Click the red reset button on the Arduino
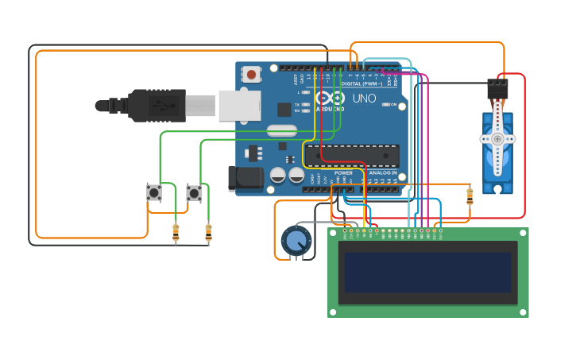click(252, 75)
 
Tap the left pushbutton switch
click(154, 192)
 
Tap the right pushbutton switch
click(194, 192)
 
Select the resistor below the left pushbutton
click(176, 232)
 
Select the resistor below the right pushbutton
click(208, 232)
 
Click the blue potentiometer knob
click(296, 240)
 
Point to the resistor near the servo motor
click(470, 195)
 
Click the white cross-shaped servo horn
click(497, 138)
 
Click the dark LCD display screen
click(427, 273)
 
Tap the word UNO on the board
click(364, 99)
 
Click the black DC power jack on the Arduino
click(245, 179)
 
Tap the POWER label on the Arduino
click(343, 172)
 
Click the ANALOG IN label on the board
click(382, 172)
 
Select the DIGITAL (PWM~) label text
click(361, 83)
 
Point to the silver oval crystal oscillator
click(281, 130)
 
